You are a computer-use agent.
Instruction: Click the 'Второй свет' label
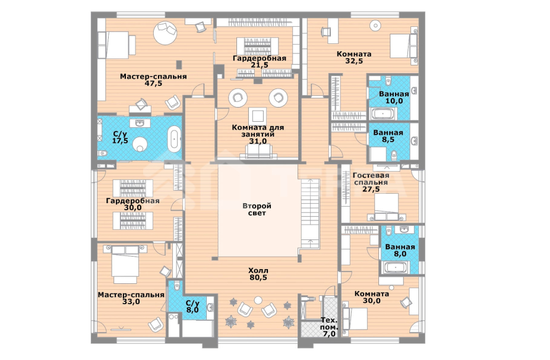257,209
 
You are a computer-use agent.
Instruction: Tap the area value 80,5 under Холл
258,277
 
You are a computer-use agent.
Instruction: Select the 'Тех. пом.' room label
329,327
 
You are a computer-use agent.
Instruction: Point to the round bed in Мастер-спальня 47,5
165,33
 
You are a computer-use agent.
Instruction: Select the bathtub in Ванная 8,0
396,268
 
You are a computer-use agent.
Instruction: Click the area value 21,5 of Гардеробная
260,65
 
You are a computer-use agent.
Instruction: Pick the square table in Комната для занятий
257,116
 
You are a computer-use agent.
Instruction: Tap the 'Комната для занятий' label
258,131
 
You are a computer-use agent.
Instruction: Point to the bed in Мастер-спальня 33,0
125,264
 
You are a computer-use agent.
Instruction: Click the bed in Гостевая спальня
386,206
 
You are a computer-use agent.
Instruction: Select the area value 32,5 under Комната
354,61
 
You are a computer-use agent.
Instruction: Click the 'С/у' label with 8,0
192,303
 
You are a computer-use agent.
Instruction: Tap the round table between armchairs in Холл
258,301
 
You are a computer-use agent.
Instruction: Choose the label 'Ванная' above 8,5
388,132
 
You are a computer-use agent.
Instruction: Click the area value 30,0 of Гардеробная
132,208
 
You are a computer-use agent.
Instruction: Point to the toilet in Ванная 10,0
388,83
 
